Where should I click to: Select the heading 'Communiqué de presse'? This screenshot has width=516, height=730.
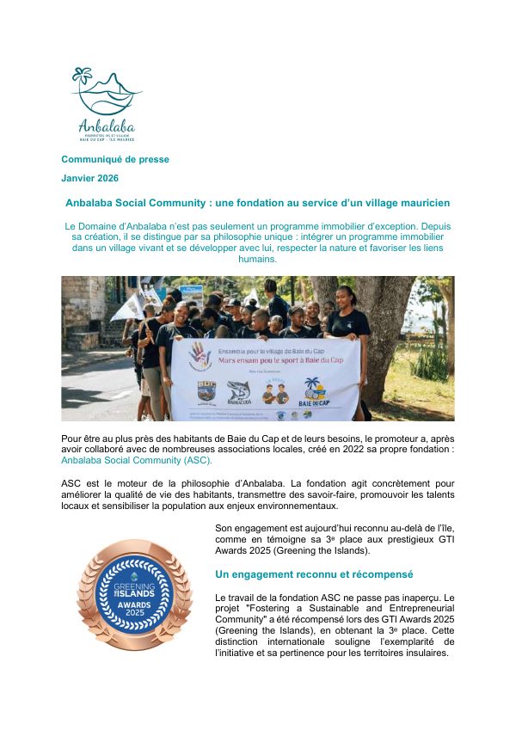point(115,159)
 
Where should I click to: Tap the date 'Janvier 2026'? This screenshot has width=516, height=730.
point(90,178)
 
